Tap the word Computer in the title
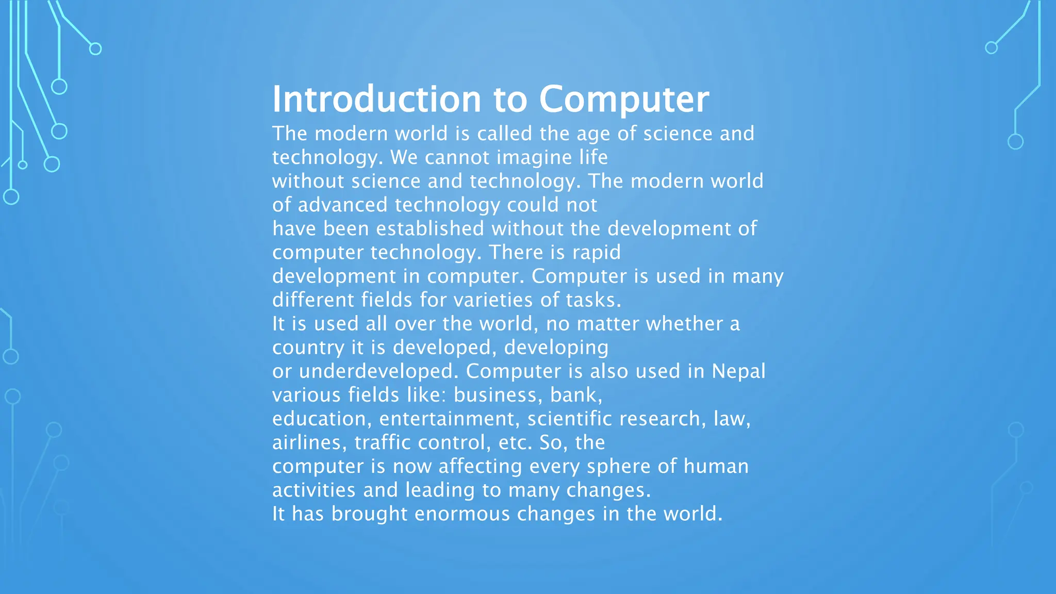[624, 99]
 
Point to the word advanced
[342, 205]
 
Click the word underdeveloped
[378, 371]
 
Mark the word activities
[313, 490]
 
